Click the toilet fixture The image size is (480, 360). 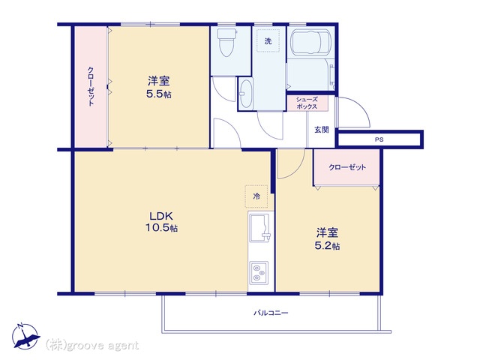[226, 42]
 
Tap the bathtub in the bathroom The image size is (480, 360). [310, 43]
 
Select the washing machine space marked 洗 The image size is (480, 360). [268, 40]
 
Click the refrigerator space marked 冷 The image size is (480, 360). [256, 196]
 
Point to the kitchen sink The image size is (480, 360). [259, 227]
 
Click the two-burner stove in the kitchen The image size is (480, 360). [259, 272]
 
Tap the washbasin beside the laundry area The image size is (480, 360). [245, 94]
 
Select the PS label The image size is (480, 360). [379, 139]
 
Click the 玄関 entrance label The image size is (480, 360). [322, 130]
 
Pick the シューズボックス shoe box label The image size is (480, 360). [307, 103]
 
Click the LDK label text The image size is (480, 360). [161, 216]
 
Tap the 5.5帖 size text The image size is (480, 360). [158, 94]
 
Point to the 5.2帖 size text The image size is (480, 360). [327, 246]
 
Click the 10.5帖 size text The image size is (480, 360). [161, 228]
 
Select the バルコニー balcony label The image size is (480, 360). [271, 313]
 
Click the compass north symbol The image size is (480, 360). [25, 337]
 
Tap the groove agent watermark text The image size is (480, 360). [92, 346]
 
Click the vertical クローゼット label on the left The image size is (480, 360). [91, 86]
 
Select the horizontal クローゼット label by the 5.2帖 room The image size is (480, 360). [347, 167]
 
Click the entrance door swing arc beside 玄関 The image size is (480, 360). [362, 106]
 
